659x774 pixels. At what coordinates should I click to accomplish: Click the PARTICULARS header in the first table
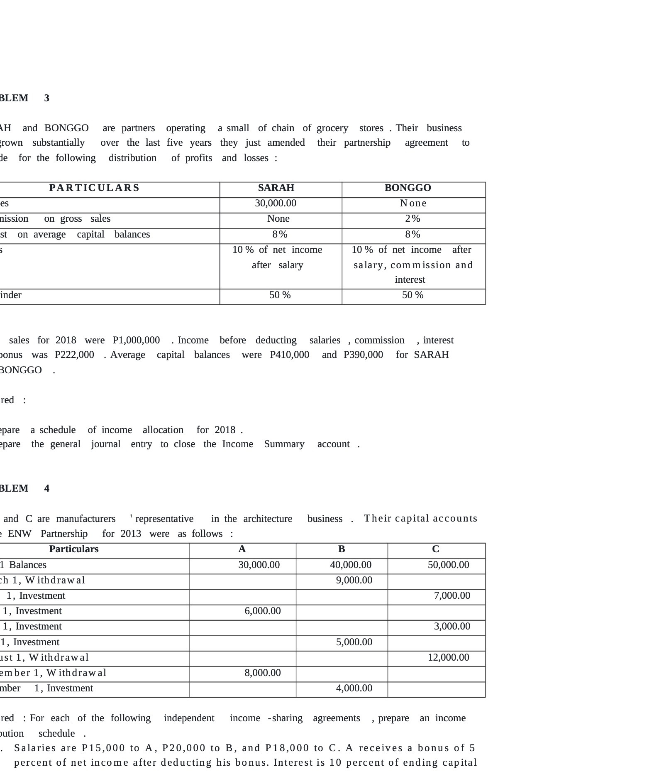(x=94, y=188)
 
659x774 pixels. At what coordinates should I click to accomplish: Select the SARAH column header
(x=276, y=188)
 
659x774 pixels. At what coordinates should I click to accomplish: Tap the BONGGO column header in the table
(x=408, y=188)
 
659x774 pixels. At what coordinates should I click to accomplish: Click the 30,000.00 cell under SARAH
(x=276, y=203)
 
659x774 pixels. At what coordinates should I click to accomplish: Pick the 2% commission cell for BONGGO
(x=412, y=218)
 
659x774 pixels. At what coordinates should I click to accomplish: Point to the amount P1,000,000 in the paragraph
(x=136, y=340)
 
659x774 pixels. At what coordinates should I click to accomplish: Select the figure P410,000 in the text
(x=289, y=355)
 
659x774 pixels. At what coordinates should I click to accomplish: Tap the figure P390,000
(x=363, y=355)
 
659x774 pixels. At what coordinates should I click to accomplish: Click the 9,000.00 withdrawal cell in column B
(x=354, y=580)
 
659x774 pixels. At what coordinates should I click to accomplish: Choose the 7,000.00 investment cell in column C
(x=452, y=595)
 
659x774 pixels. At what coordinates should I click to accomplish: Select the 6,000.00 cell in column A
(x=262, y=611)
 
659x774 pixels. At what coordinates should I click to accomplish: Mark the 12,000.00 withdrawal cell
(x=448, y=657)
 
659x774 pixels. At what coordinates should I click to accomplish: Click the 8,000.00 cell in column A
(x=262, y=673)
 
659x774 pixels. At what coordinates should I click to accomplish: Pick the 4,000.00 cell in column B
(x=354, y=688)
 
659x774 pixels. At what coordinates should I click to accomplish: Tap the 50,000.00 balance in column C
(x=448, y=565)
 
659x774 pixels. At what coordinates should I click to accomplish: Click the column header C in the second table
(x=435, y=549)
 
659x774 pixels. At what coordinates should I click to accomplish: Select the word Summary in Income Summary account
(x=284, y=444)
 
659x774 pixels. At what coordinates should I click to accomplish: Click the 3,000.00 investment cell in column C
(x=452, y=626)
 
